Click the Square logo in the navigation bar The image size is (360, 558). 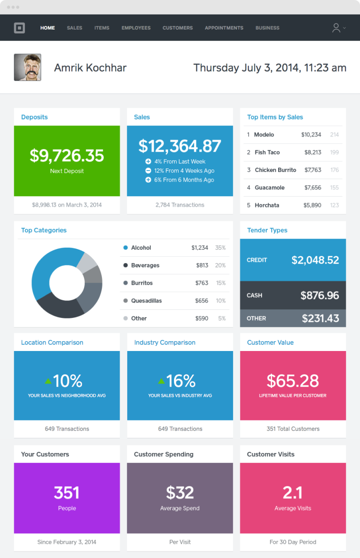coord(19,28)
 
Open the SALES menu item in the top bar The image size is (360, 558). coord(75,28)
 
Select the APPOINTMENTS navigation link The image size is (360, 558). coord(224,28)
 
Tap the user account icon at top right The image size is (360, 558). coord(336,28)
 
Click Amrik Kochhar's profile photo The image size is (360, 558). coord(27,67)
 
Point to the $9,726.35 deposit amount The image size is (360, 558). coord(67,155)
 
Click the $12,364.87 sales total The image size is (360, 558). coord(180,146)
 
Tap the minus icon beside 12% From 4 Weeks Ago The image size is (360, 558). coord(148,171)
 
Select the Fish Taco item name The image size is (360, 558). coord(267,152)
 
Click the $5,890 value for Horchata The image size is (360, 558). coord(312,205)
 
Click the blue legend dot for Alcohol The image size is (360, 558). coord(126,248)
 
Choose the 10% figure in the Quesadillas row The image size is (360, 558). coord(221,301)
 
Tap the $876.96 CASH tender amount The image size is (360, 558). coord(320,295)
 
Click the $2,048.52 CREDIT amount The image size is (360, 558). coord(315,260)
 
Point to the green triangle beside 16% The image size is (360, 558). coord(161,381)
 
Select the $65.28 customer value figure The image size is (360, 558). coord(293,381)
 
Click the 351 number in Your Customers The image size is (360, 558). coord(67,493)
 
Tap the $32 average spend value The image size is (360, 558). coord(180,493)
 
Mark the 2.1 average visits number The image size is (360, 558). coord(293,493)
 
